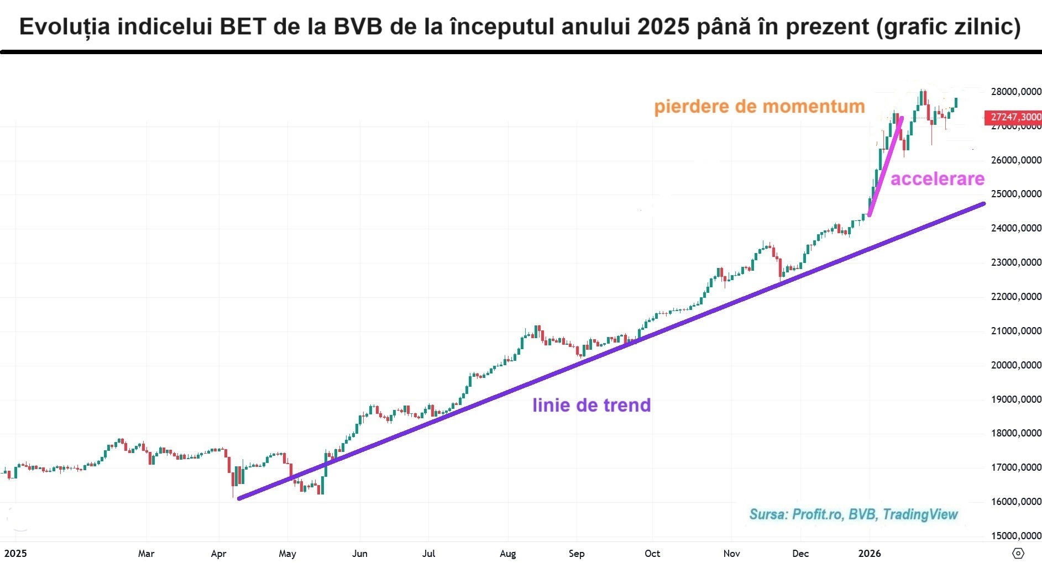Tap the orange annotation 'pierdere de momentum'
[x=759, y=106]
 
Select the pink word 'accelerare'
[x=937, y=178]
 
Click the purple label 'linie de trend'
[x=591, y=405]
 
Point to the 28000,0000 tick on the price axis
[x=1016, y=92]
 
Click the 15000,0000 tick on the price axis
[x=1016, y=535]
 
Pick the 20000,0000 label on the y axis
[x=1016, y=365]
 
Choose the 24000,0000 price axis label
[x=1016, y=228]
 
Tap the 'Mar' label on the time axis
[x=146, y=553]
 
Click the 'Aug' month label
[x=507, y=553]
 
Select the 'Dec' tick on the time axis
[x=800, y=553]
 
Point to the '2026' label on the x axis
[x=869, y=553]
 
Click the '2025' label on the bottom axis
[x=15, y=553]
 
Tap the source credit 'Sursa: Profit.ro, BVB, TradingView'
[x=853, y=514]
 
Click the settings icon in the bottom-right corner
[x=1018, y=553]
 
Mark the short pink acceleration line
[x=886, y=166]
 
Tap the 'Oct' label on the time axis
[x=652, y=553]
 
